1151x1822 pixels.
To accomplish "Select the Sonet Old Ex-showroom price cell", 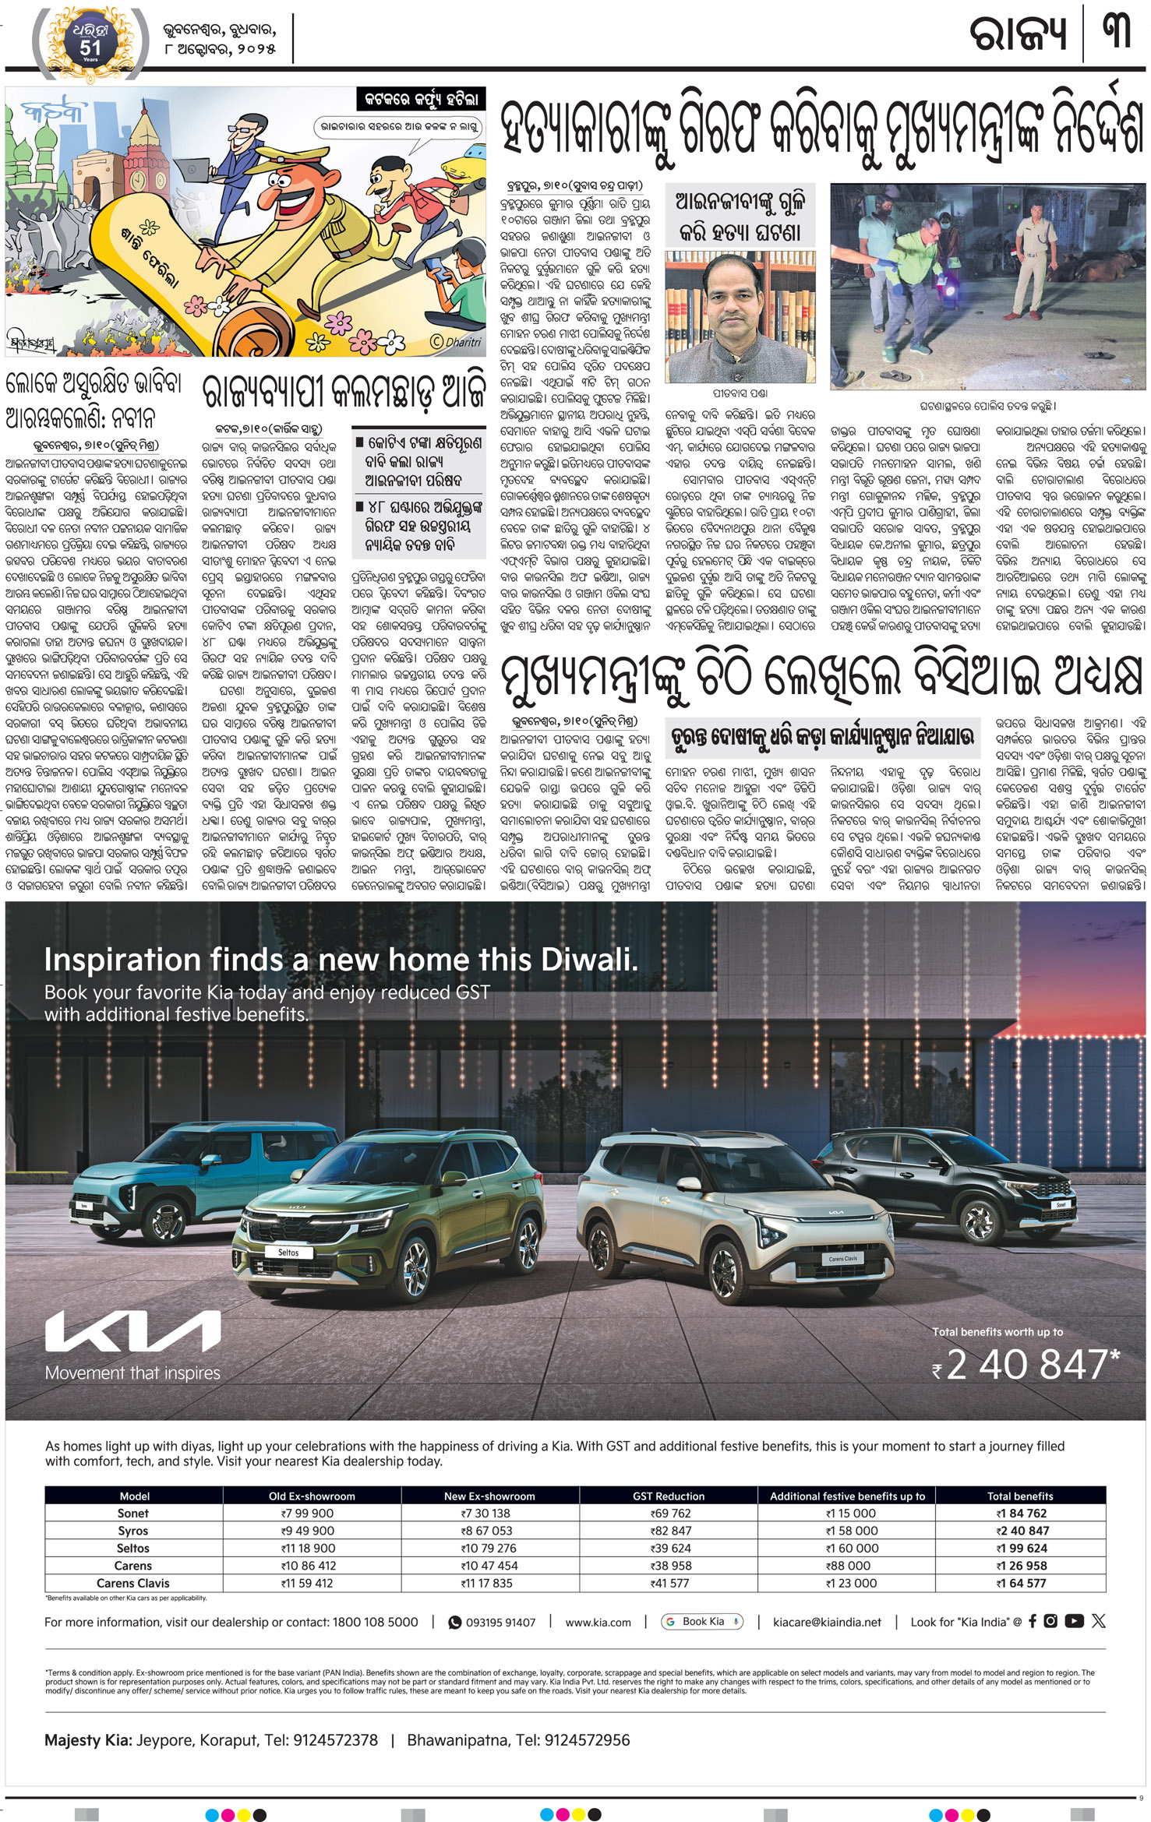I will [x=311, y=1513].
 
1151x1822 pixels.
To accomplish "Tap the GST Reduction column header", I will [x=668, y=1496].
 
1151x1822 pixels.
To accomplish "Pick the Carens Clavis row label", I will [x=132, y=1583].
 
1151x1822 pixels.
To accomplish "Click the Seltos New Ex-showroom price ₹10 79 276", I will [x=489, y=1548].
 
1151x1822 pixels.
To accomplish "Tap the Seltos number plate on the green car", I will [x=288, y=1253].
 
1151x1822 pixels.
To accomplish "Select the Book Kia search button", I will [x=702, y=1621].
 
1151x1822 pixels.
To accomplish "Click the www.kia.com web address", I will [x=598, y=1622].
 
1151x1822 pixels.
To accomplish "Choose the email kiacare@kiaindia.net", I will [x=827, y=1622].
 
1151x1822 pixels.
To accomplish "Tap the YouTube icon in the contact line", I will [x=1074, y=1621].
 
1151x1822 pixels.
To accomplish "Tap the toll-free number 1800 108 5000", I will [x=376, y=1622].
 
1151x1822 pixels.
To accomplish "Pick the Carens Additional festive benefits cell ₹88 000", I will [x=847, y=1565].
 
